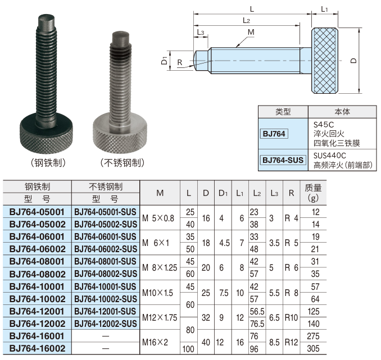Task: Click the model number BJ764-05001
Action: tap(37, 212)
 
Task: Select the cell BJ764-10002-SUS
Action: tap(106, 299)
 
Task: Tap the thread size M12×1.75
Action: tap(160, 317)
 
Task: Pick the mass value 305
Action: tap(313, 349)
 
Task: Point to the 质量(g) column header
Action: tap(313, 193)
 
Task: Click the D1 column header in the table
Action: tap(223, 193)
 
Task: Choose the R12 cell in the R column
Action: tap(291, 342)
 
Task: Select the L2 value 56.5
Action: tap(257, 311)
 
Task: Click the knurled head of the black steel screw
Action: tap(46, 135)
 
